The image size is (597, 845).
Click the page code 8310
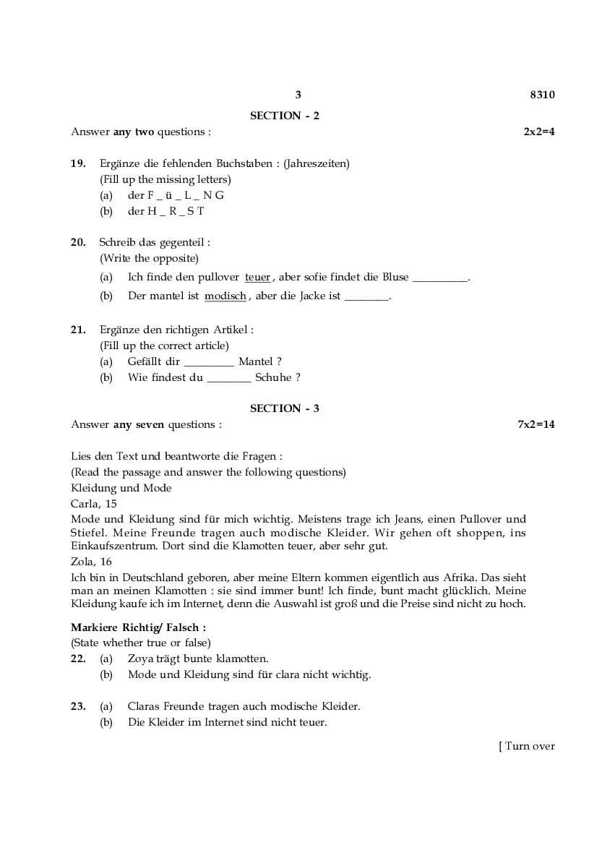click(x=542, y=95)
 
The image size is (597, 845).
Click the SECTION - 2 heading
click(x=285, y=116)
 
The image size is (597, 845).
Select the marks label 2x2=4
click(x=539, y=132)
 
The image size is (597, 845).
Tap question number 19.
click(x=78, y=163)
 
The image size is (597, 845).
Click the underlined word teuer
click(x=257, y=277)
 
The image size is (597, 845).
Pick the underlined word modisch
click(x=226, y=296)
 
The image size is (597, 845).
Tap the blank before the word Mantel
click(x=209, y=362)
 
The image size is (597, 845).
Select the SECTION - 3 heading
click(x=285, y=408)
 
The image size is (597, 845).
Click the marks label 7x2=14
click(x=536, y=424)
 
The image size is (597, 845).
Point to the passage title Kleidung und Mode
click(x=121, y=488)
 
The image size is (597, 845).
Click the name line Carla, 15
click(x=94, y=504)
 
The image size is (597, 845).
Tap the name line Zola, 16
click(x=91, y=561)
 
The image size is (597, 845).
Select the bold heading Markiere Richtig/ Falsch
click(x=138, y=627)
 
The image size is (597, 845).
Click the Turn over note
click(x=527, y=746)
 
